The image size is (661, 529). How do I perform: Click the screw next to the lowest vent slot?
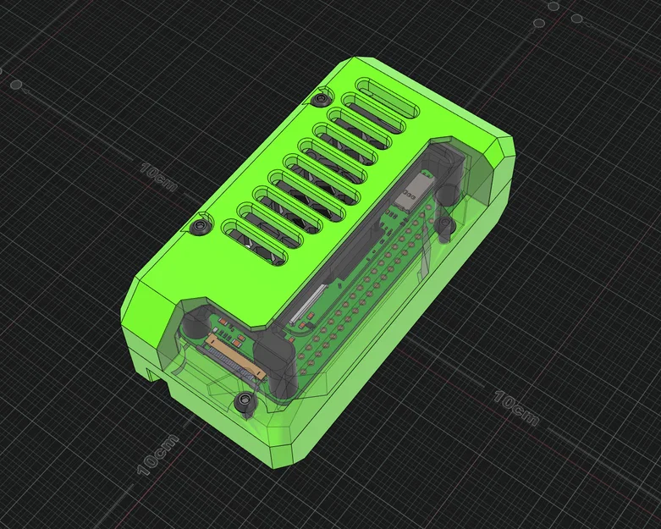point(200,229)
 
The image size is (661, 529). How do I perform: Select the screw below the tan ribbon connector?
point(245,398)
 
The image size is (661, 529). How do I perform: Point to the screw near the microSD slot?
point(443,223)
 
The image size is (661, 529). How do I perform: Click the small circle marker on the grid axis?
point(16,84)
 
